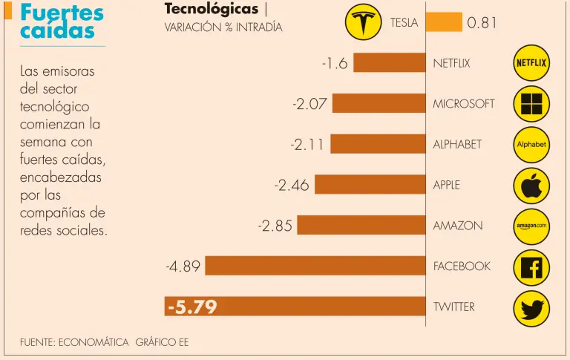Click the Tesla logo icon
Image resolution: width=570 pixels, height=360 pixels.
(363, 22)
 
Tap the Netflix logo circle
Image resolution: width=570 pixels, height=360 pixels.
(531, 63)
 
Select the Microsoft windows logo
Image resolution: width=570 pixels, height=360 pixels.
(531, 104)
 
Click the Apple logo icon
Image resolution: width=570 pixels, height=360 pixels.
(531, 186)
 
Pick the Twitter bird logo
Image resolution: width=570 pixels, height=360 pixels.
(531, 307)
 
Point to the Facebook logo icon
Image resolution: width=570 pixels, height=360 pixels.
(531, 266)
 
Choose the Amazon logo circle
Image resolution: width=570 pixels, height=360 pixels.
(531, 226)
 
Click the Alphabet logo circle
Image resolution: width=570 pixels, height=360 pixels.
(531, 145)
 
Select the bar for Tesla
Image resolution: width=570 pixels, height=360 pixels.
(444, 22)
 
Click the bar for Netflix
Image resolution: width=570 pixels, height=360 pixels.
(389, 63)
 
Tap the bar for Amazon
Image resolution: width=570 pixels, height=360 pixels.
(361, 226)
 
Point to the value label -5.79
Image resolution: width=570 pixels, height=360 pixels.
(192, 307)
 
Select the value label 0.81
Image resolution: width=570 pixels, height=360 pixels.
(482, 22)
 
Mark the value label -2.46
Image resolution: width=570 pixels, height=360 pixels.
(292, 186)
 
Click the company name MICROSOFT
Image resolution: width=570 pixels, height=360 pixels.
(463, 104)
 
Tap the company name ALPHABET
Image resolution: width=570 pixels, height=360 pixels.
(457, 145)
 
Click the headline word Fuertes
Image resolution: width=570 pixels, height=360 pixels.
(62, 13)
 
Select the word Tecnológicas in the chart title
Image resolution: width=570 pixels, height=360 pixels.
(211, 9)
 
